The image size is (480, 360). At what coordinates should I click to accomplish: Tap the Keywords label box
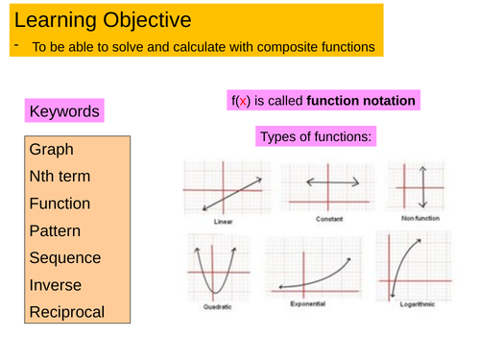click(x=64, y=111)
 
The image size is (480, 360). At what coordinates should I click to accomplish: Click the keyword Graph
click(x=51, y=151)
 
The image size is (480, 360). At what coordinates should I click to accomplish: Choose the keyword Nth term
click(x=60, y=178)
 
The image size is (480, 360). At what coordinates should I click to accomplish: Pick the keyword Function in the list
click(x=60, y=204)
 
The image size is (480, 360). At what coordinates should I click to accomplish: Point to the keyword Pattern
click(x=56, y=231)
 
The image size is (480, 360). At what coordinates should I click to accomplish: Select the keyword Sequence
click(x=65, y=258)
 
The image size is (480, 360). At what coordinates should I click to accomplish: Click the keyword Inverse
click(x=55, y=285)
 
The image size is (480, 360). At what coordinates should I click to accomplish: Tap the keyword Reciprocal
click(x=66, y=312)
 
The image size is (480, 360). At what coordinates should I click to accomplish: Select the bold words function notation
click(x=361, y=101)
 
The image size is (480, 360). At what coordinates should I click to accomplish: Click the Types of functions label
click(x=316, y=137)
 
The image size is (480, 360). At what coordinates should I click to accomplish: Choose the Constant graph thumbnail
click(x=332, y=184)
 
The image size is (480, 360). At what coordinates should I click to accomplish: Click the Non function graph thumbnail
click(x=420, y=184)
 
